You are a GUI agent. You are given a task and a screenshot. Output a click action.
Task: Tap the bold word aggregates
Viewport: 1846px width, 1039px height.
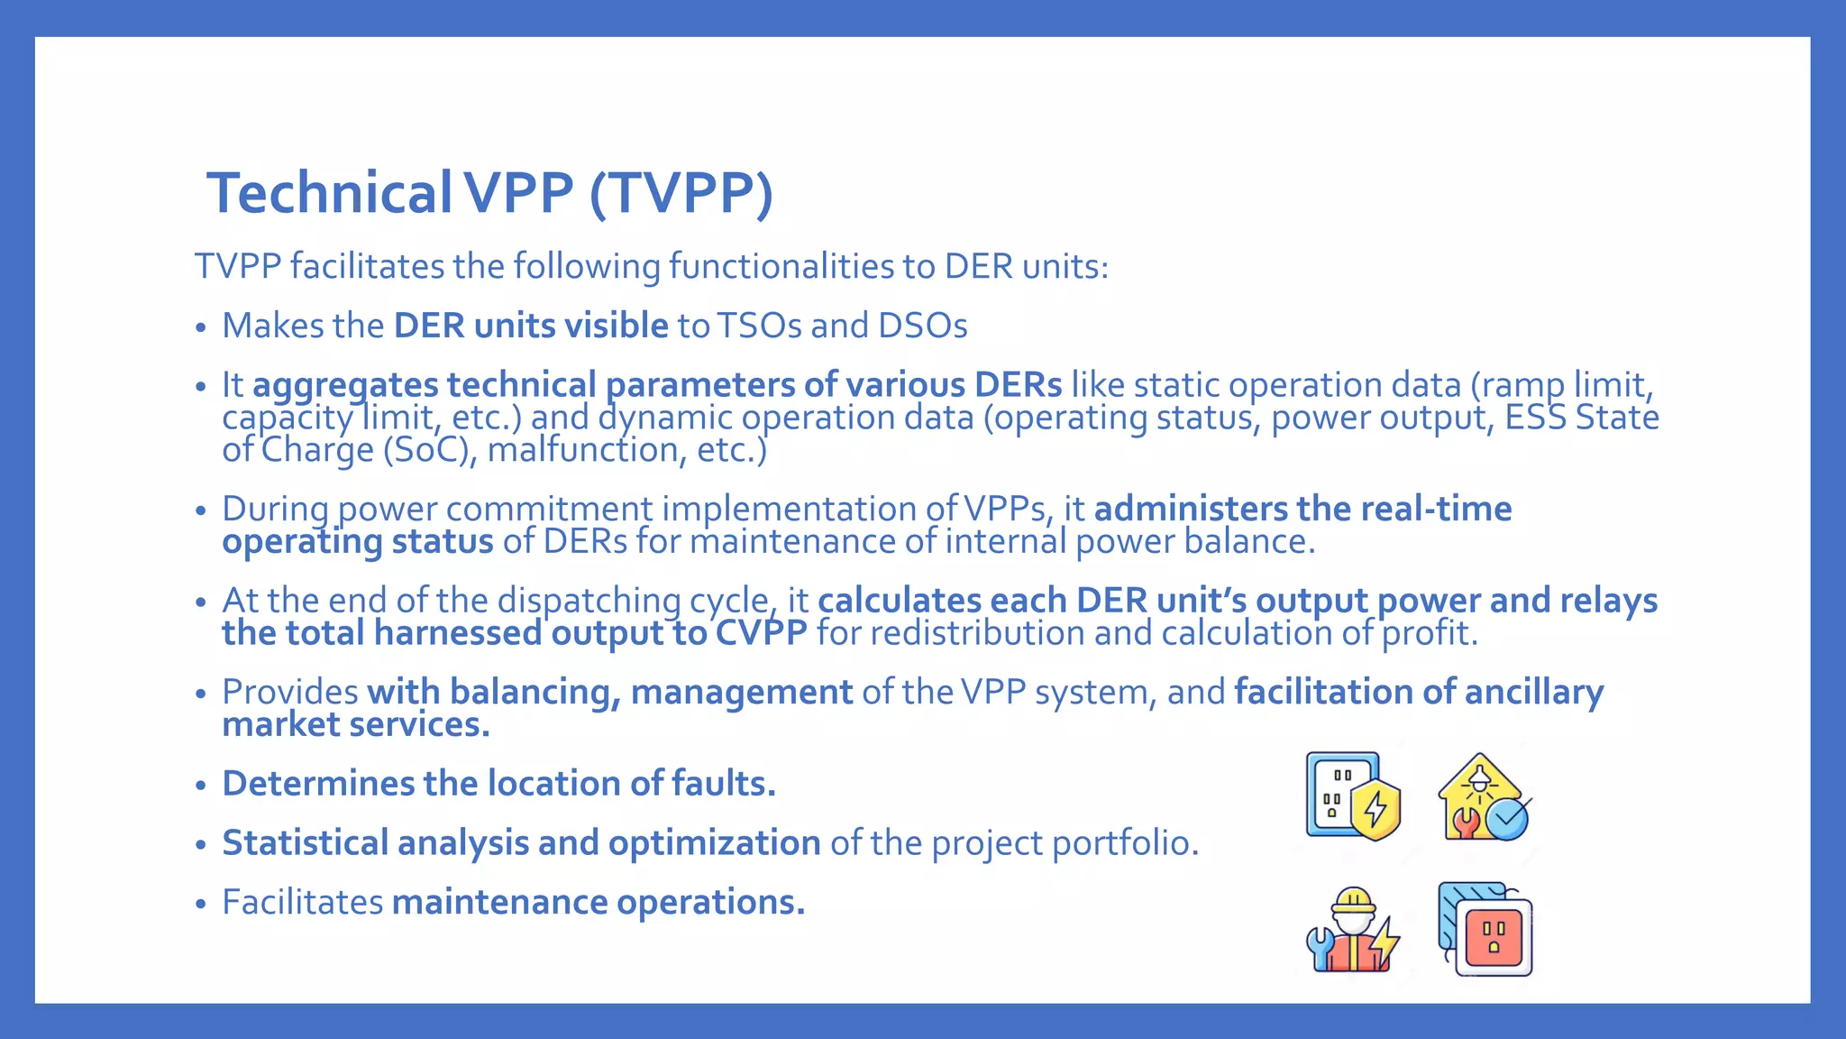[x=345, y=385]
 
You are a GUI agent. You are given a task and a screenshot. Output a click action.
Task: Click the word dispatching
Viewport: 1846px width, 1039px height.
[x=589, y=601]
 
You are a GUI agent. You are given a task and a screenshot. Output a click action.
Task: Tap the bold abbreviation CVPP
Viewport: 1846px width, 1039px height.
[x=761, y=633]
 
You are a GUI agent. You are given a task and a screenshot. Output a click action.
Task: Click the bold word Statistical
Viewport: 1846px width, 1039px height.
[x=305, y=843]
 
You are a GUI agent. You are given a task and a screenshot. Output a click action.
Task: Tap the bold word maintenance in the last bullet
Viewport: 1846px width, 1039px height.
[x=499, y=902]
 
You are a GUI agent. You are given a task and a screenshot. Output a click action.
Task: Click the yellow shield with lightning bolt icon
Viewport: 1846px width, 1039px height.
[x=1375, y=810]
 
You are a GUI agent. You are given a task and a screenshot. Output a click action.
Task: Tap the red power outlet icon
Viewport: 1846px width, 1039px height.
[x=1493, y=936]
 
